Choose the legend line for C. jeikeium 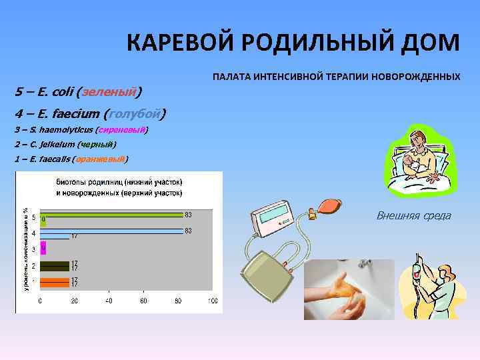65,144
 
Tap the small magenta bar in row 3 43,248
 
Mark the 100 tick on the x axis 213,301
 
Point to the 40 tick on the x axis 109,301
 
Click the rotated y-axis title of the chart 26,240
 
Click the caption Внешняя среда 413,215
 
